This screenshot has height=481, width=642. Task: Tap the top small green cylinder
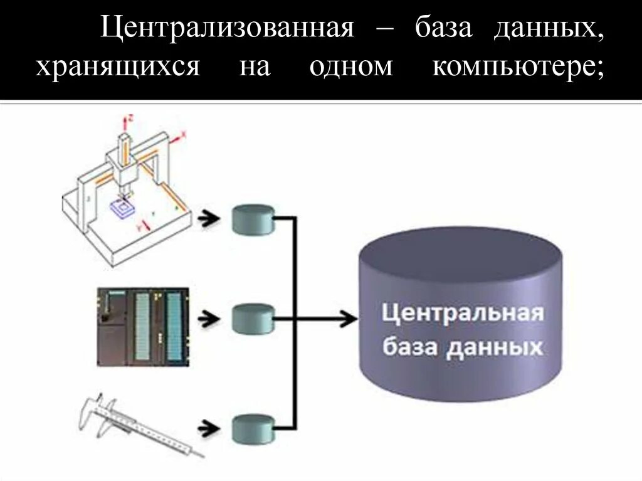tap(253, 219)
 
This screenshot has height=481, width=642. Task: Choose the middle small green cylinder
tap(253, 319)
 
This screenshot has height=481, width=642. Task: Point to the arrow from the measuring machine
tap(209, 219)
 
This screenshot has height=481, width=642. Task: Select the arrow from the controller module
tap(209, 319)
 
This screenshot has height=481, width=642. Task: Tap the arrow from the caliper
tap(209, 429)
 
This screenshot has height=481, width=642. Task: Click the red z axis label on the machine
tap(131, 117)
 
